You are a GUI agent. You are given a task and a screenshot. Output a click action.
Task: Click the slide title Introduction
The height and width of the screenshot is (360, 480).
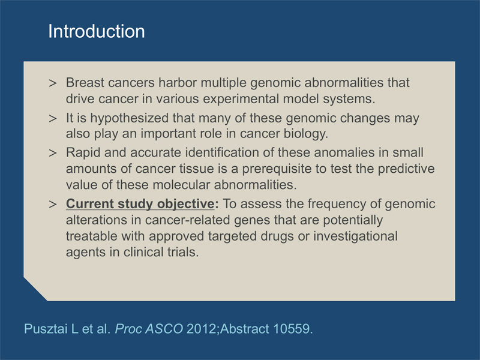pyautogui.click(x=97, y=31)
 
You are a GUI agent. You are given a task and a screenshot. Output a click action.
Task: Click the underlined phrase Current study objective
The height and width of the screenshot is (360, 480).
pyautogui.click(x=140, y=204)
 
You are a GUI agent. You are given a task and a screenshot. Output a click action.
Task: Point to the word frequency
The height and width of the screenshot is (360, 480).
pyautogui.click(x=337, y=204)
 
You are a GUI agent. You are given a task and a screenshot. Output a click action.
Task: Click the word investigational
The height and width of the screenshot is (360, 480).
pyautogui.click(x=355, y=236)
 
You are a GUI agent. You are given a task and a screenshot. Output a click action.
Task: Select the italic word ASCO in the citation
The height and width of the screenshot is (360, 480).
pyautogui.click(x=164, y=329)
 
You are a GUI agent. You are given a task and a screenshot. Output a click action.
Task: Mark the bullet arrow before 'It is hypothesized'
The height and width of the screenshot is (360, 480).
pyautogui.click(x=53, y=118)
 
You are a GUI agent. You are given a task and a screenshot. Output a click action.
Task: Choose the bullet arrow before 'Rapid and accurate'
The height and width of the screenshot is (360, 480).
pyautogui.click(x=53, y=153)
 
